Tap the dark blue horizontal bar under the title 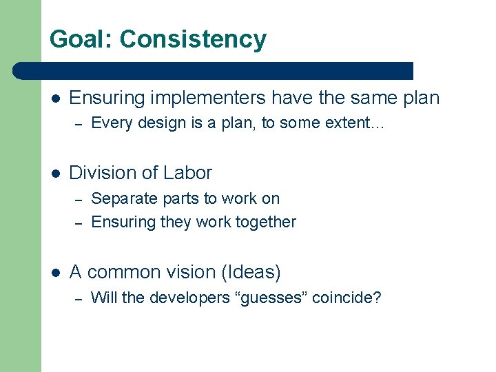pyautogui.click(x=214, y=70)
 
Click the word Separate pyautogui.click(x=120, y=198)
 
